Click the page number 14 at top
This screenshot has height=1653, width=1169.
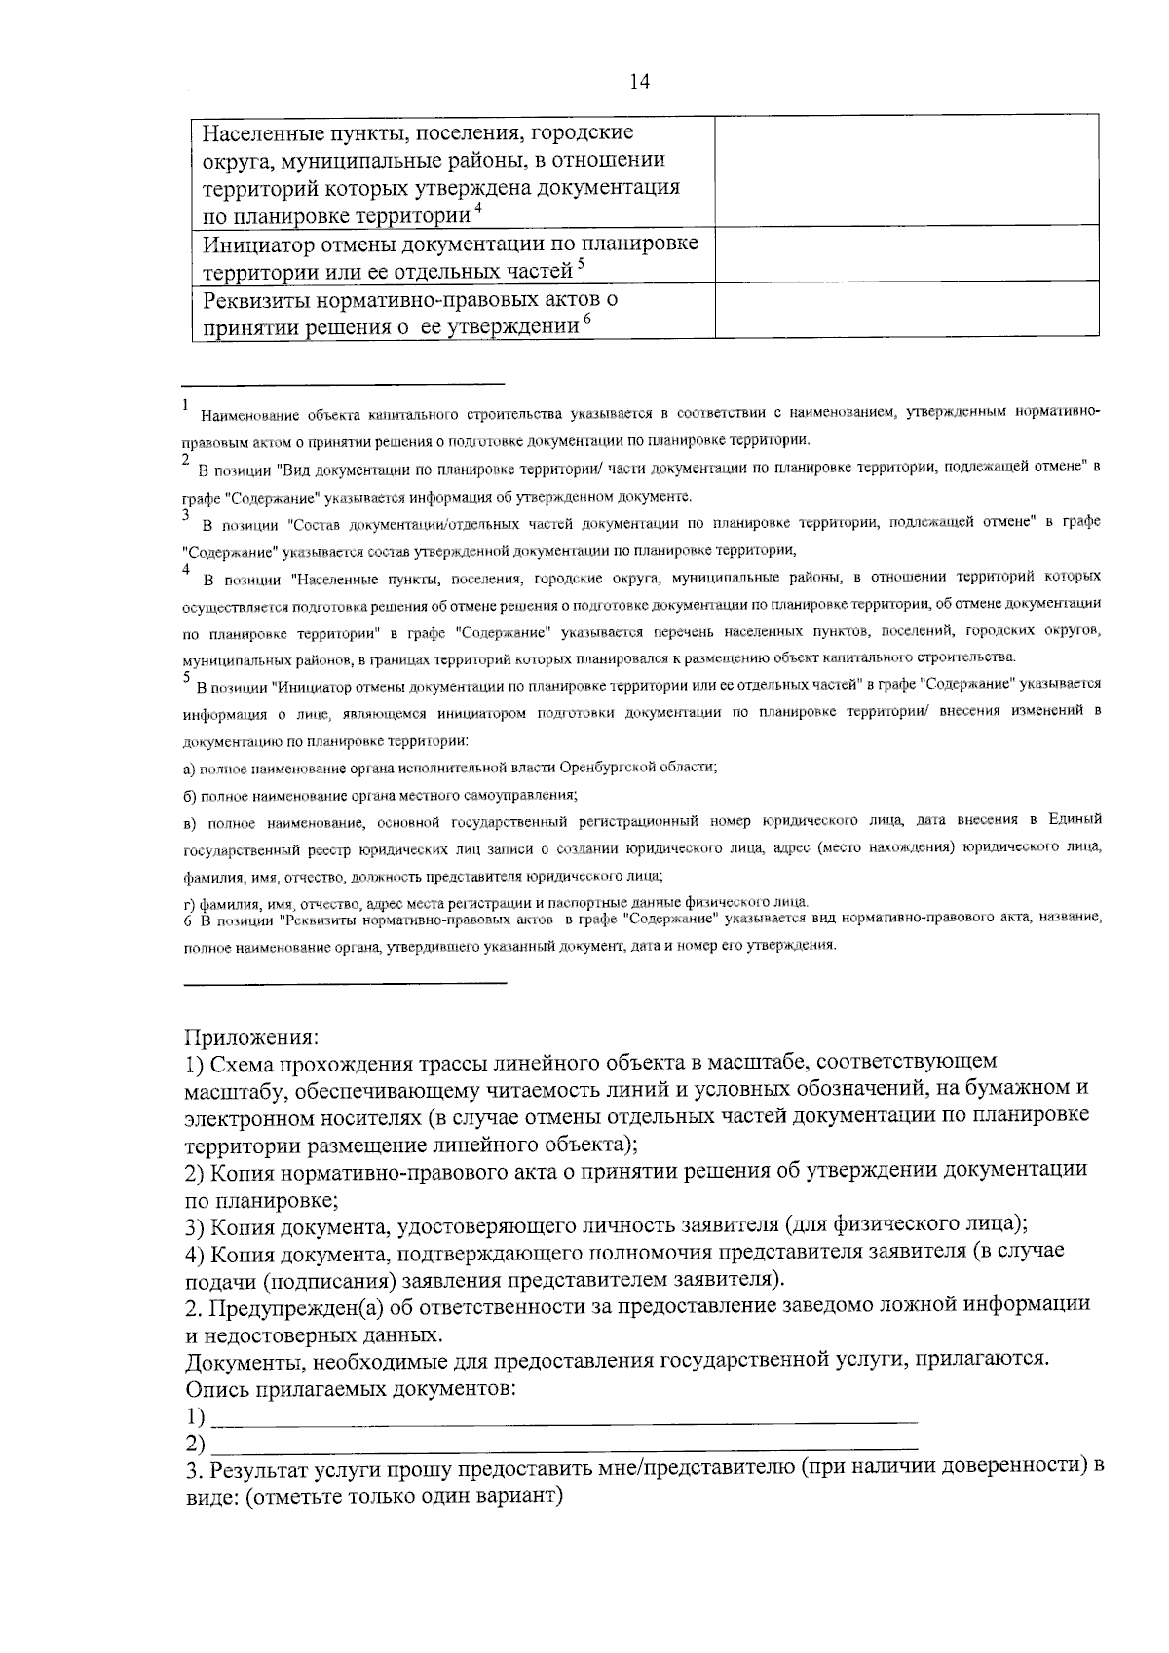click(639, 82)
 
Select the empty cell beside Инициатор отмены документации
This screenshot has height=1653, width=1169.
click(906, 254)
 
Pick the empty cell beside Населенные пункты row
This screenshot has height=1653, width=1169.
click(906, 170)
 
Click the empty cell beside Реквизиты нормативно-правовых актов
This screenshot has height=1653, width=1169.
click(906, 309)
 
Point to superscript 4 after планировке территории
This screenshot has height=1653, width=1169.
click(476, 208)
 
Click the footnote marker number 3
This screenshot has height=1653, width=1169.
click(185, 513)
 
